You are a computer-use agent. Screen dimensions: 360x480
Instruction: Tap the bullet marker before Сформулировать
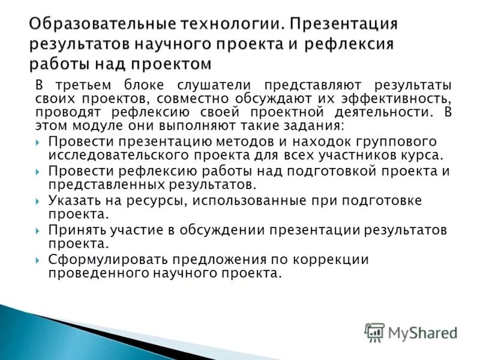[x=38, y=260]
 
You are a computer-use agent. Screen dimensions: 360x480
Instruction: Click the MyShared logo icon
[x=375, y=332]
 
